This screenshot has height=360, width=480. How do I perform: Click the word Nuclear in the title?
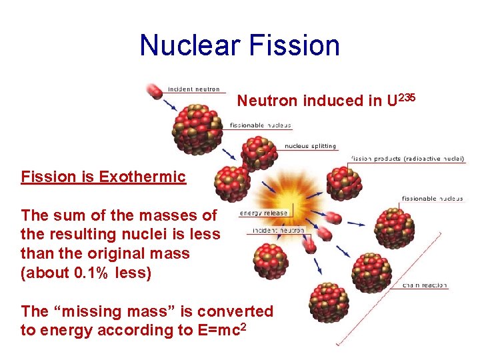(x=191, y=45)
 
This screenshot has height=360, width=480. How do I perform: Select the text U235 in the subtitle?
(x=401, y=99)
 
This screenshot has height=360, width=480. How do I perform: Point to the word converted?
(x=236, y=311)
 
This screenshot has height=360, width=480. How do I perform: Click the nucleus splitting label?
(x=310, y=146)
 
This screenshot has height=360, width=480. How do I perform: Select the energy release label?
(x=264, y=213)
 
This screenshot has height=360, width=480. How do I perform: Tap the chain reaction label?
(x=425, y=285)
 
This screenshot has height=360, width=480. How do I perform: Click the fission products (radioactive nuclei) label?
(x=408, y=159)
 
